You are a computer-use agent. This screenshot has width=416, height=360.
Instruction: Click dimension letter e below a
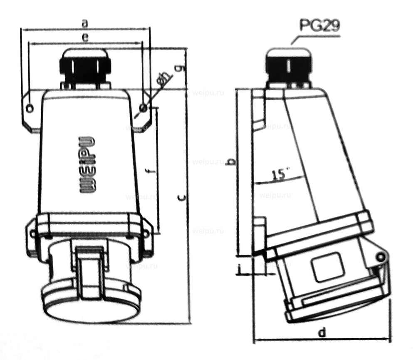click(x=85, y=37)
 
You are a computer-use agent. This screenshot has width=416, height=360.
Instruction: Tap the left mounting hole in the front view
click(x=30, y=109)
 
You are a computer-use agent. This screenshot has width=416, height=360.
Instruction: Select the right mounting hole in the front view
click(x=143, y=108)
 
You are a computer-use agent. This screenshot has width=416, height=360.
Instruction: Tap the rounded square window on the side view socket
click(x=328, y=268)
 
